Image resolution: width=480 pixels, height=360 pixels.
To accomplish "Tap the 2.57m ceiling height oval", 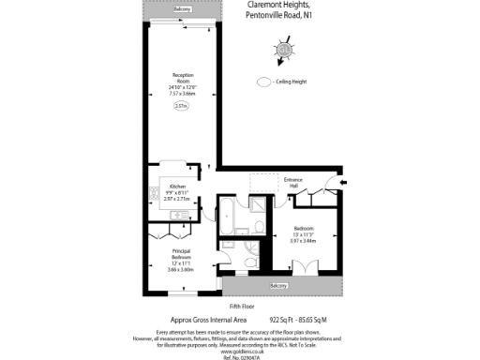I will [x=181, y=106].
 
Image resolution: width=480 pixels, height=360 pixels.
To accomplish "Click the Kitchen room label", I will [x=177, y=187].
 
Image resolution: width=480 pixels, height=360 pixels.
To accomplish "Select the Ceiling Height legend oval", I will [x=263, y=82].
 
